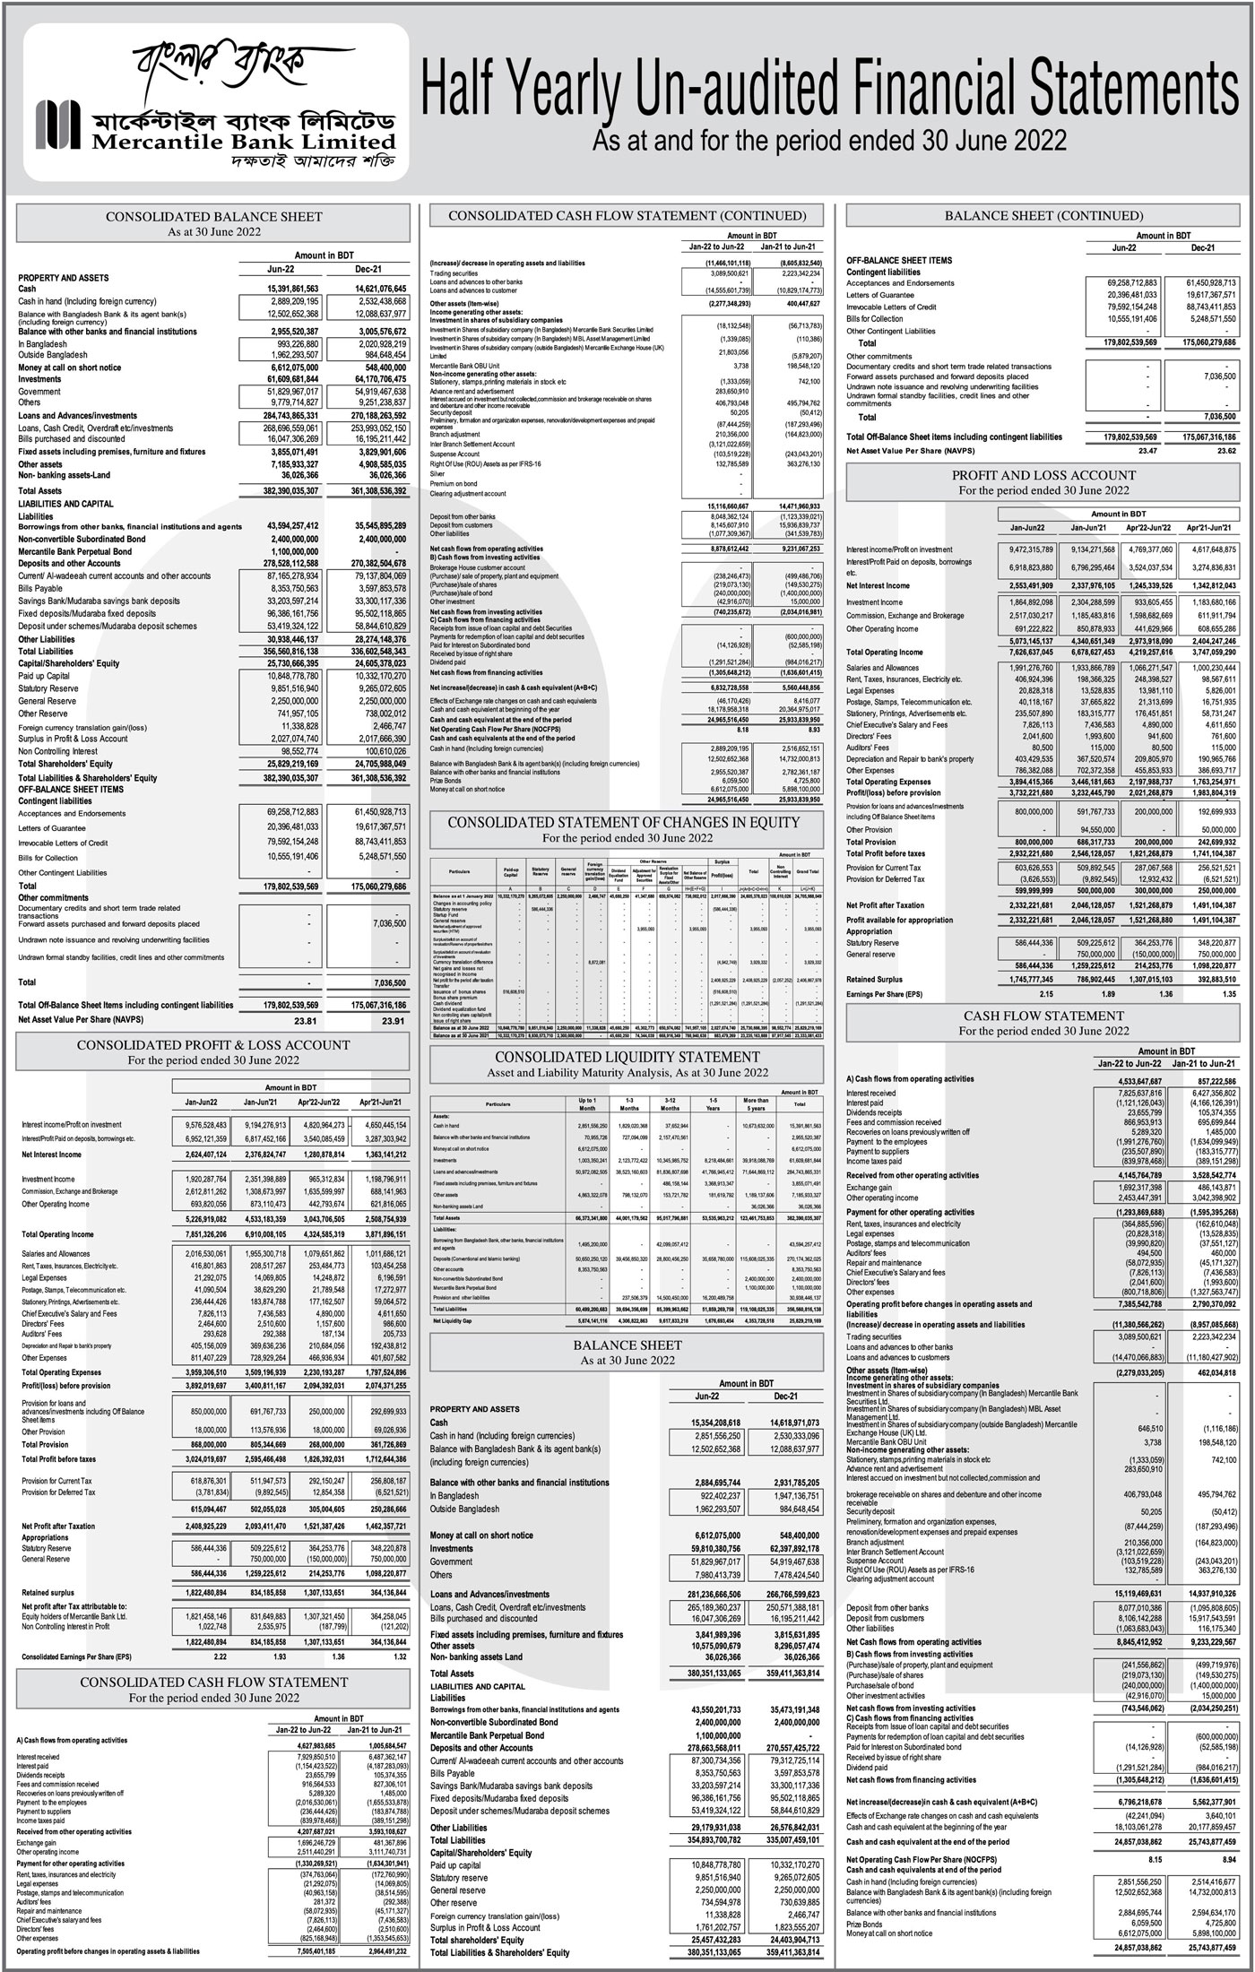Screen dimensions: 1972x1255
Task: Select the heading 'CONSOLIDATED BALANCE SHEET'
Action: point(214,217)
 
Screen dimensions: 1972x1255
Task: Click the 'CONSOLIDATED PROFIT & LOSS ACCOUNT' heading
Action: point(213,1045)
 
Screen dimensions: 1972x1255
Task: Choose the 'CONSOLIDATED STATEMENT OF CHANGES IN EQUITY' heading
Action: point(624,822)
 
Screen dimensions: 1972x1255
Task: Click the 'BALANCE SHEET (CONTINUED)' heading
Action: point(1043,216)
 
